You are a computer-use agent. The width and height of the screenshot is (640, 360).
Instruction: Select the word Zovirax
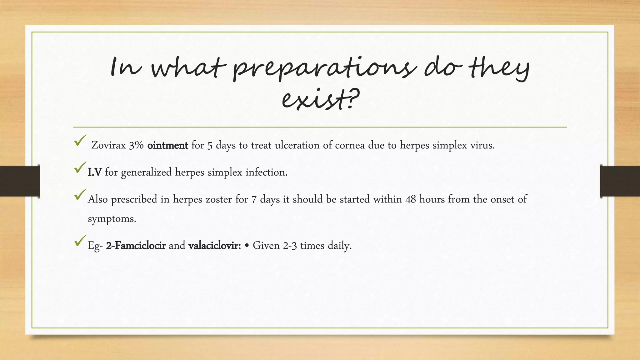click(108, 145)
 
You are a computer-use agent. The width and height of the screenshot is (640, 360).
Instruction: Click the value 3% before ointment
click(136, 145)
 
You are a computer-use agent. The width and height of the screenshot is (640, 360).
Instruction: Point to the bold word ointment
click(167, 145)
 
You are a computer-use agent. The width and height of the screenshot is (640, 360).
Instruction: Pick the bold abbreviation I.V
click(95, 172)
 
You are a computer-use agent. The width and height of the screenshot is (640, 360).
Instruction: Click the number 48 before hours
click(411, 199)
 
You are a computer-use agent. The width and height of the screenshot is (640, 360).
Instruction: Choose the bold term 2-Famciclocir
click(136, 246)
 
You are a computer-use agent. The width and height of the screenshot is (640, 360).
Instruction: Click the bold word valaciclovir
click(214, 246)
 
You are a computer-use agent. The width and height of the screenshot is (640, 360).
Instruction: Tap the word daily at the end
click(340, 246)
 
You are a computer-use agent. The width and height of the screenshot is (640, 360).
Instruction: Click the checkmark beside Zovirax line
click(80, 141)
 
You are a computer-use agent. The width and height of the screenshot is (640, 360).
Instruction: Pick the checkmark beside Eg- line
click(80, 241)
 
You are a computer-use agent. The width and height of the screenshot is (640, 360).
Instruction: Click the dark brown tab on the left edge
click(20, 181)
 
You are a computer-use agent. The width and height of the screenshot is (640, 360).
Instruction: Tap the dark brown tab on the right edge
click(620, 181)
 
